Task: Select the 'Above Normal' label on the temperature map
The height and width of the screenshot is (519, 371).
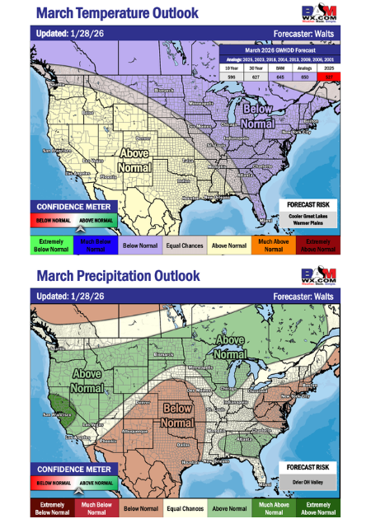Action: [x=135, y=159]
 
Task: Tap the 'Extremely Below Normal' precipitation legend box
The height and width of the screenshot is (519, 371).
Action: [x=53, y=507]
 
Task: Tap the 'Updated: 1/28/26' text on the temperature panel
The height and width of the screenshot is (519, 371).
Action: [x=71, y=34]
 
